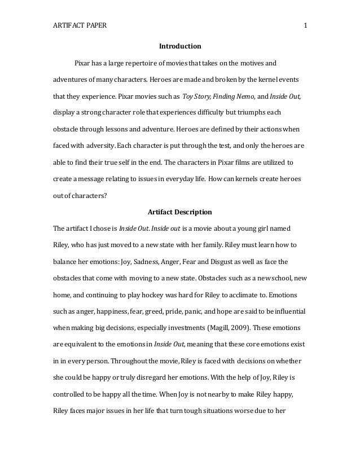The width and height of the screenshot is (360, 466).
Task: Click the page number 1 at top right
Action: pos(305,25)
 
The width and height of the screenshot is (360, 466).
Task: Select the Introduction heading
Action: pos(179,45)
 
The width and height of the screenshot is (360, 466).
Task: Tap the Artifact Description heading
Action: pos(179,213)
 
